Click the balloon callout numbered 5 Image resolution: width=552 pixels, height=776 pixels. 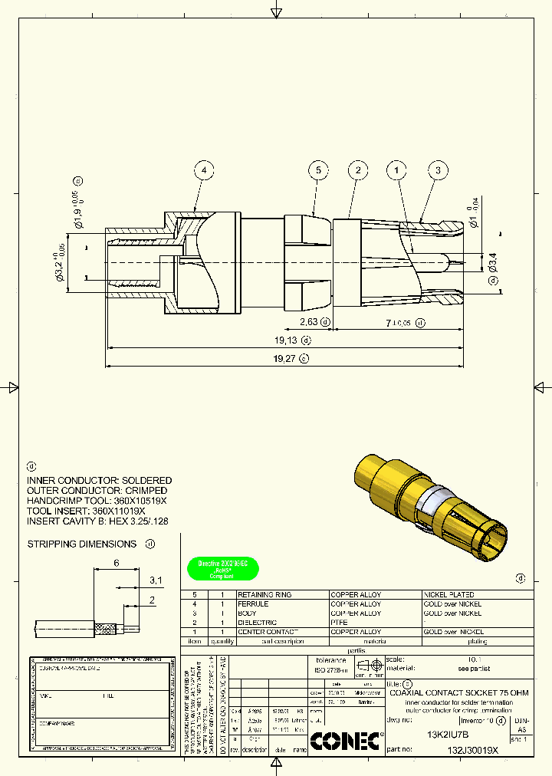coord(320,170)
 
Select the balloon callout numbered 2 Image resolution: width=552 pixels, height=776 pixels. coord(357,170)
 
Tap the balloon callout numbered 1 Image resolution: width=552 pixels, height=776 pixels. coord(396,170)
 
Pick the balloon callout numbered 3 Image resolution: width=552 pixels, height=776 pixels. coord(438,170)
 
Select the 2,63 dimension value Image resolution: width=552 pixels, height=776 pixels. coord(308,322)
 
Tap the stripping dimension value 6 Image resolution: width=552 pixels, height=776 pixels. coord(116,562)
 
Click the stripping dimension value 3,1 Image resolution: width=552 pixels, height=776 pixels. coord(156,580)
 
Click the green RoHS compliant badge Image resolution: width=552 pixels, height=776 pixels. coord(223,568)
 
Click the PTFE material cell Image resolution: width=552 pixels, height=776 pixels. coord(339,623)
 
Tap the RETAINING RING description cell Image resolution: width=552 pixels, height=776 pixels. coord(264,595)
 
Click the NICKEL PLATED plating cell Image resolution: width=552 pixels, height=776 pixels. coord(449,595)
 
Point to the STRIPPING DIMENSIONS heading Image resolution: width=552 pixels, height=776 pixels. coord(82,544)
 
